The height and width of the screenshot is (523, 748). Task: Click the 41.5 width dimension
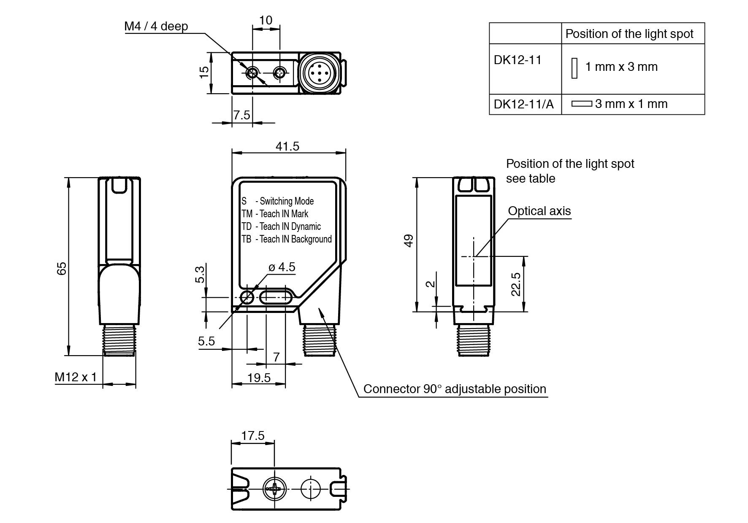click(x=287, y=146)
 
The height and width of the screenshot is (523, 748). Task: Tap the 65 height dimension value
click(x=62, y=268)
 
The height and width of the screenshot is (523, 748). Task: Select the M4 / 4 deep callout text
click(x=156, y=26)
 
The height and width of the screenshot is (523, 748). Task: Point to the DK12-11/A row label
click(x=523, y=104)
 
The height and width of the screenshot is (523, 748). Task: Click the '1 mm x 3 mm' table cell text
click(x=621, y=67)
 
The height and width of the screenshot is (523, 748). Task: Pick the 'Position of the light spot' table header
click(x=629, y=34)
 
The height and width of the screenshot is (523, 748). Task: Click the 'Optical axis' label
click(x=539, y=211)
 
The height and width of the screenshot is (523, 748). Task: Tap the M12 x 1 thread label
click(x=76, y=377)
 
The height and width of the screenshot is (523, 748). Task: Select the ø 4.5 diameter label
click(x=282, y=267)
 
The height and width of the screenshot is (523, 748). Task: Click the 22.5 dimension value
click(x=516, y=284)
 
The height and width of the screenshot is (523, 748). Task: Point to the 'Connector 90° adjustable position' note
click(x=455, y=389)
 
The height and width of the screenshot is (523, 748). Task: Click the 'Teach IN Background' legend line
click(x=287, y=239)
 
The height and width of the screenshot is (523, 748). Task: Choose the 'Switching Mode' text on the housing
click(x=286, y=201)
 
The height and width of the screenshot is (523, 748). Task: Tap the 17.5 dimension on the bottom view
click(x=253, y=436)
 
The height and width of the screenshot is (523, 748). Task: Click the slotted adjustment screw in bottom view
click(x=275, y=489)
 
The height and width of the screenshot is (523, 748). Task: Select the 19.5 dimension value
click(x=259, y=378)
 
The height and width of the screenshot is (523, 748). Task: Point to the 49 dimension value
click(x=409, y=241)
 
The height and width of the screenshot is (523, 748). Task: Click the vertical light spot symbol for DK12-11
click(x=574, y=68)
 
